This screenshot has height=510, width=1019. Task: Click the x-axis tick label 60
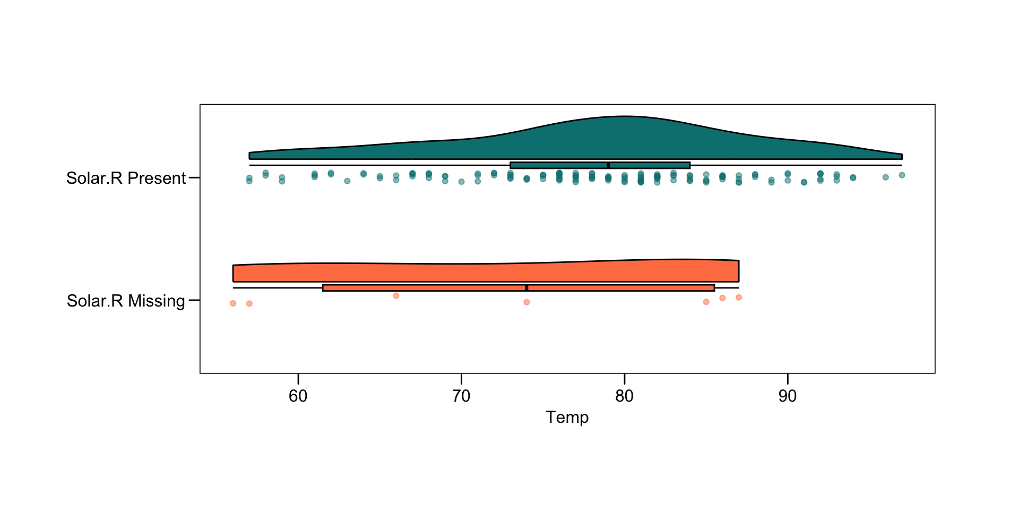click(298, 396)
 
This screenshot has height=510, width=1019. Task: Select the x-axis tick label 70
click(461, 396)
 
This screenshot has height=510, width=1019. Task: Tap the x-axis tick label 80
click(625, 396)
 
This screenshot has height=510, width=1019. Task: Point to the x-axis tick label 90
click(788, 396)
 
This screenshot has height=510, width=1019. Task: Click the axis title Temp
click(567, 418)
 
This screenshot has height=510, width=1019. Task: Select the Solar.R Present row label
click(126, 178)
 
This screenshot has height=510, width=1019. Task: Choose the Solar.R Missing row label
click(126, 301)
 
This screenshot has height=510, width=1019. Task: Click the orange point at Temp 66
click(396, 296)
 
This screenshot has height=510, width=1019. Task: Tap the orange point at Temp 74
click(526, 302)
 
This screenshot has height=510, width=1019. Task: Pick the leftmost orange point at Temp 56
click(233, 303)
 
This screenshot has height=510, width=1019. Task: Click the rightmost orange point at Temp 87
click(739, 297)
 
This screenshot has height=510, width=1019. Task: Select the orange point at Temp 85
click(706, 302)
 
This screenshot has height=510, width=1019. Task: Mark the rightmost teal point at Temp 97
click(902, 175)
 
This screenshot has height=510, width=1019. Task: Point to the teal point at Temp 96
click(885, 177)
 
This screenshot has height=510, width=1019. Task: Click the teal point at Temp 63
click(347, 181)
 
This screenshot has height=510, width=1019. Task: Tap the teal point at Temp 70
click(461, 182)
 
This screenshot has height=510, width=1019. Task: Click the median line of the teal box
click(608, 165)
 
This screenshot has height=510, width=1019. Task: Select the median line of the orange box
click(526, 288)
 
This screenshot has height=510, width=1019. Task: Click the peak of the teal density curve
click(625, 116)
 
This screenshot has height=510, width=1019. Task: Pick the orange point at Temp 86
click(722, 298)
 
